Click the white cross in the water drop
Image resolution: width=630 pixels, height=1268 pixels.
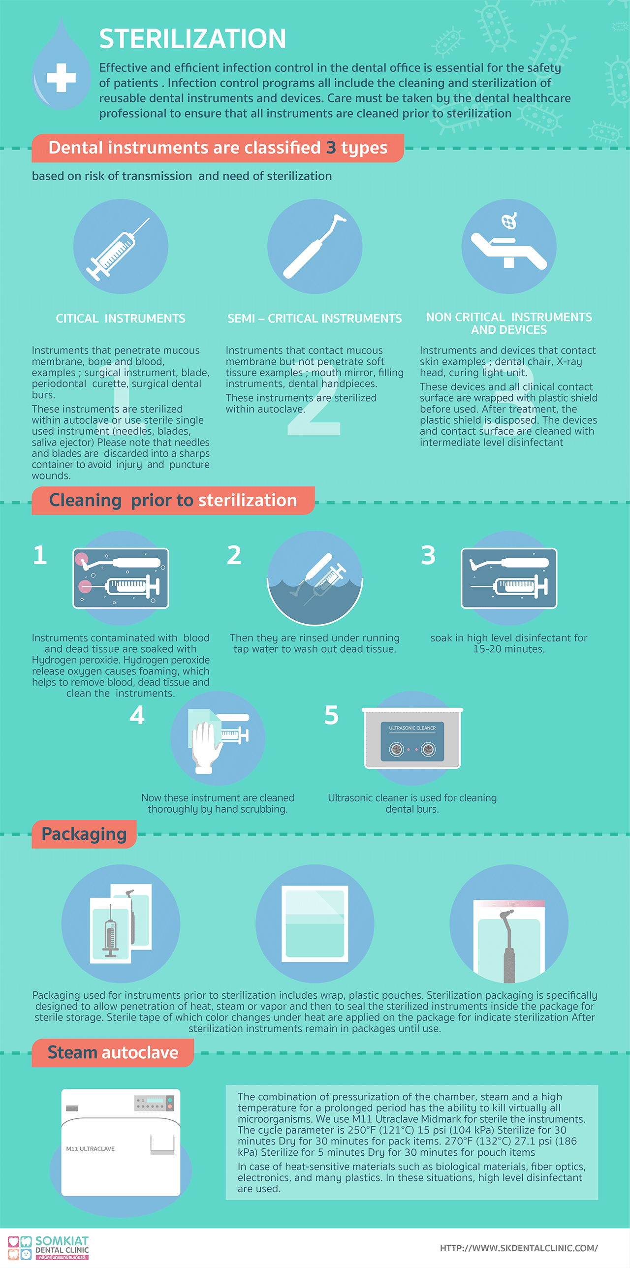[x=62, y=77]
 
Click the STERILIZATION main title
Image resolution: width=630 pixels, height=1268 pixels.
[x=192, y=39]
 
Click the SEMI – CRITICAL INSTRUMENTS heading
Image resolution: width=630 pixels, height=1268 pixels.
[x=315, y=318]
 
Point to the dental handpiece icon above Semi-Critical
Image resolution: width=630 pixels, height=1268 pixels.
[x=315, y=246]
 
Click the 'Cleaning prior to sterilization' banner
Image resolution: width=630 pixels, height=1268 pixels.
[x=173, y=500]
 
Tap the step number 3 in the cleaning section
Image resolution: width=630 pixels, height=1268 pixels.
[x=428, y=555]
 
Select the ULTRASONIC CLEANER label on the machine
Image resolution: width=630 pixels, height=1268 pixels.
[x=412, y=728]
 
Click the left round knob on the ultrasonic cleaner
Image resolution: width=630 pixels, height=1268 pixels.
[x=397, y=749]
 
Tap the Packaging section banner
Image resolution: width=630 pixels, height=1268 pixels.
[x=84, y=834]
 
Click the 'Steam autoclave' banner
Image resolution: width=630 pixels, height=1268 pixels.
[x=113, y=1052]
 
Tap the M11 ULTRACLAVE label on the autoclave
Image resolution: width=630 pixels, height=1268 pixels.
[x=91, y=1148]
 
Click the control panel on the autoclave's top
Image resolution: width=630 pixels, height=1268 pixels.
[x=154, y=1103]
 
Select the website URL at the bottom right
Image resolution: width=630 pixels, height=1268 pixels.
[x=519, y=1248]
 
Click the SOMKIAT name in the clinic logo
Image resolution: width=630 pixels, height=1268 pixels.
[x=62, y=1240]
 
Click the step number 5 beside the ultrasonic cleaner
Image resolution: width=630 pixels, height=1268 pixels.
[x=332, y=715]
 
